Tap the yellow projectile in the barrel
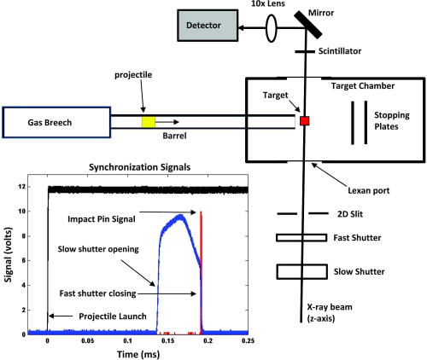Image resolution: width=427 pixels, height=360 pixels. point(149,121)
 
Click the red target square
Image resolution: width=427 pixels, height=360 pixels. point(304,121)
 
